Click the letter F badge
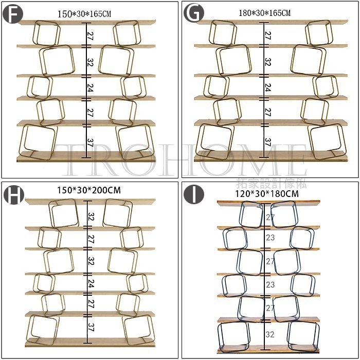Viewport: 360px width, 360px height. click(x=12, y=13)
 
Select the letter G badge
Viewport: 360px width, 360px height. click(x=193, y=13)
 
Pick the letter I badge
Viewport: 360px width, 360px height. click(x=193, y=194)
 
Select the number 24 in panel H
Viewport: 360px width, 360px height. click(x=91, y=283)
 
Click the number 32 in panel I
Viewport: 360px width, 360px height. click(x=270, y=334)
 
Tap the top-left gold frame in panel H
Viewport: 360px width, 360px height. click(x=64, y=213)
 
